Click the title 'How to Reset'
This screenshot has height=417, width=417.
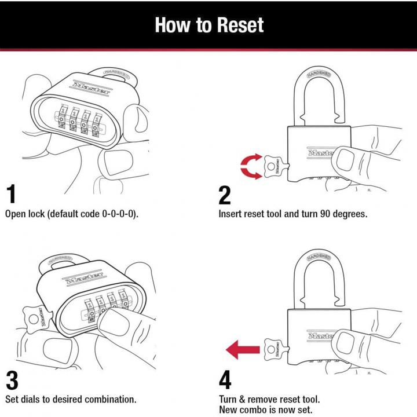(209, 25)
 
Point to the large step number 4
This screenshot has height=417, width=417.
(226, 381)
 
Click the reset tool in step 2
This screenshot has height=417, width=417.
(273, 167)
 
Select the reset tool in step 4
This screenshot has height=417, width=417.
(273, 349)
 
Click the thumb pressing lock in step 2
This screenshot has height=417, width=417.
(350, 158)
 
